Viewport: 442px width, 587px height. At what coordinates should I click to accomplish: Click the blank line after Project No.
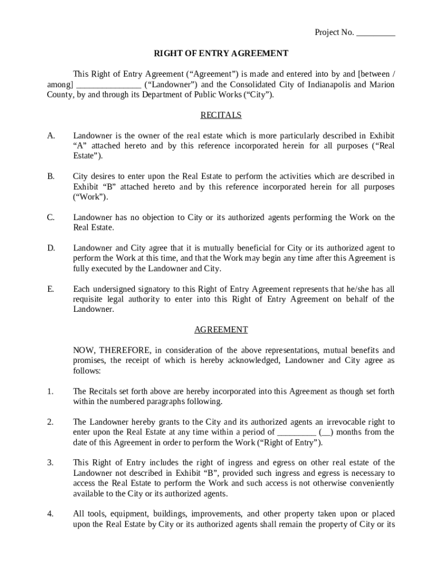point(375,33)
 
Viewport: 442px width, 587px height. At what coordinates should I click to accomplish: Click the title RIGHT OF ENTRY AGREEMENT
point(221,54)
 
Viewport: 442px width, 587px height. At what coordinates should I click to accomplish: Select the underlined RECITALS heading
point(221,115)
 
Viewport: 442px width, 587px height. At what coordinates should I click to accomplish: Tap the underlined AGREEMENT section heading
point(221,330)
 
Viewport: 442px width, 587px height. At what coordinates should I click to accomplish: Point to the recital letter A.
point(51,136)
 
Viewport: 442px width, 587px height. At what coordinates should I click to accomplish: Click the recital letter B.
point(51,177)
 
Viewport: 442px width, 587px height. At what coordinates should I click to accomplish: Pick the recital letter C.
point(51,218)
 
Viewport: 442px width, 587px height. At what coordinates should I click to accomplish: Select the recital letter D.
point(51,248)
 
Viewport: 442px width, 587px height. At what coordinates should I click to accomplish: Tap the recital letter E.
point(51,289)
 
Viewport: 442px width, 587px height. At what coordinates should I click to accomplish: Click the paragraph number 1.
point(51,392)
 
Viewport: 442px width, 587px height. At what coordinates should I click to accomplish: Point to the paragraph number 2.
point(51,422)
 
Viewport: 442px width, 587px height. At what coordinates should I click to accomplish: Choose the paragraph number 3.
point(51,463)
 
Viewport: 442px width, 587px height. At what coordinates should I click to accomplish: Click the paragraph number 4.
point(51,514)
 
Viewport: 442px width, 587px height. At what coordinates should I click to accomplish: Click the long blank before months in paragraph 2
point(296,433)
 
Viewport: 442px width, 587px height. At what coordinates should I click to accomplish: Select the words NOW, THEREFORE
point(112,351)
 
